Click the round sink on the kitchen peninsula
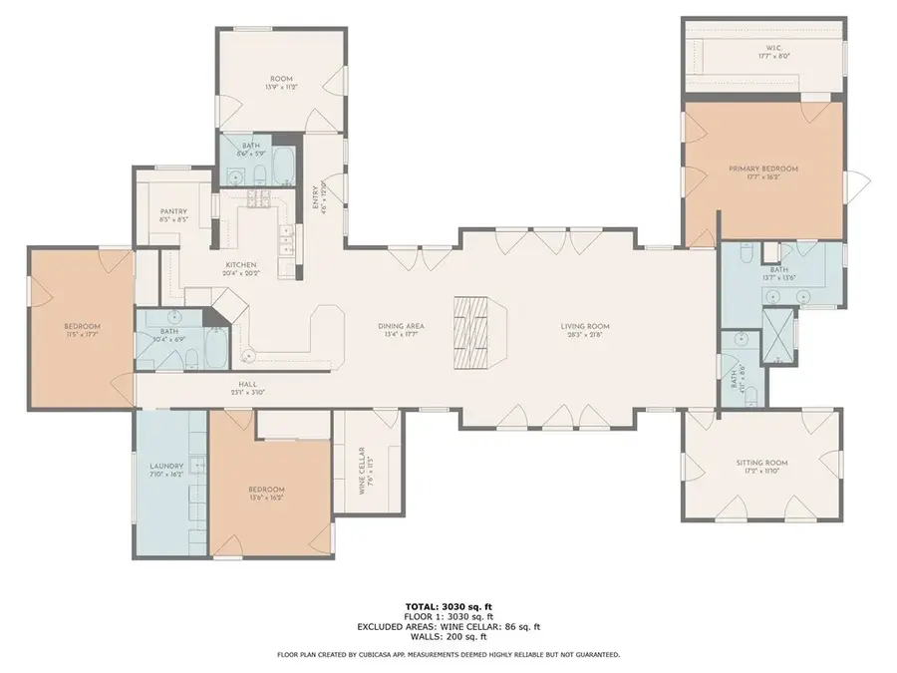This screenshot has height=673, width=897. [x=248, y=355]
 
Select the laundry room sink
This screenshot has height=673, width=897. [x=200, y=465]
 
